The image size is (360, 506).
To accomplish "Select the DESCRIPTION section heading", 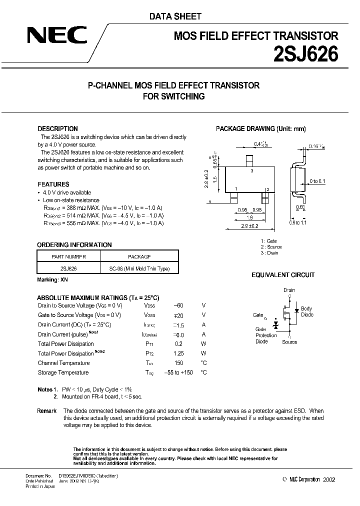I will (x=57, y=128).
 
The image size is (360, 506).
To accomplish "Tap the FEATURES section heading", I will (x=53, y=184).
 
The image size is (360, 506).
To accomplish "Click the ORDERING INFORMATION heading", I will (x=74, y=245).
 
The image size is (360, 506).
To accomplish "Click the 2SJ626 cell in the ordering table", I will (x=68, y=268).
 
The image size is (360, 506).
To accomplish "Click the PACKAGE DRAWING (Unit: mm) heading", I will (x=260, y=128).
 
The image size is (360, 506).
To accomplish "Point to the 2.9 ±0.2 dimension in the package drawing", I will (x=250, y=226).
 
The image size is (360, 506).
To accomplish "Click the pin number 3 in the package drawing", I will (x=251, y=171).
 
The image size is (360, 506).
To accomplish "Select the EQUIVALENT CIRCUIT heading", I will (x=282, y=275).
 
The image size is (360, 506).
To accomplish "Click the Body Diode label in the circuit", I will (x=306, y=311).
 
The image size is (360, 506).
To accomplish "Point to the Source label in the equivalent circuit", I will (x=289, y=342).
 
